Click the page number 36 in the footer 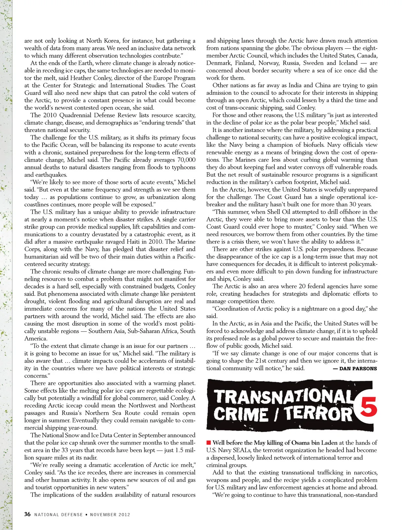coord(27,514)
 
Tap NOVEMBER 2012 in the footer coord(110,515)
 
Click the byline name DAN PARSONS coord(358,369)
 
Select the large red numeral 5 coord(368,407)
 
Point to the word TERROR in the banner coord(318,414)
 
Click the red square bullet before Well coord(209,443)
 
